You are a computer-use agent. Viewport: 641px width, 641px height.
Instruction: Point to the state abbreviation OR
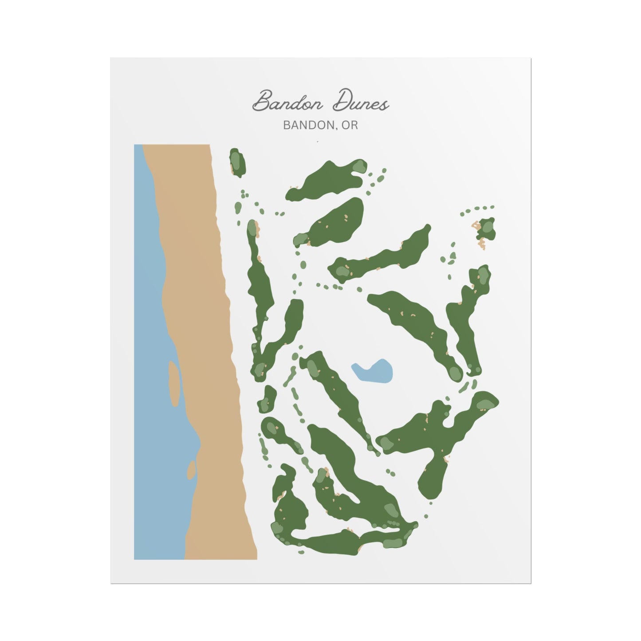[x=350, y=126]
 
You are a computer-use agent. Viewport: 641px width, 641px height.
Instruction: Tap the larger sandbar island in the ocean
[x=174, y=383]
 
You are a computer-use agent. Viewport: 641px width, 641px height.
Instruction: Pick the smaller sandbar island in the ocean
[x=192, y=470]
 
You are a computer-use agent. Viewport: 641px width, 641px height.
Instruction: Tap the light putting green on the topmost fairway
[x=359, y=166]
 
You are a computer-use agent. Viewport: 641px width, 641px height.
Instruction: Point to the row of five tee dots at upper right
[x=477, y=209]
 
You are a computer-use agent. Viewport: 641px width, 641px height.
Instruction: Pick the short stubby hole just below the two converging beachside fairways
[x=268, y=398]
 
